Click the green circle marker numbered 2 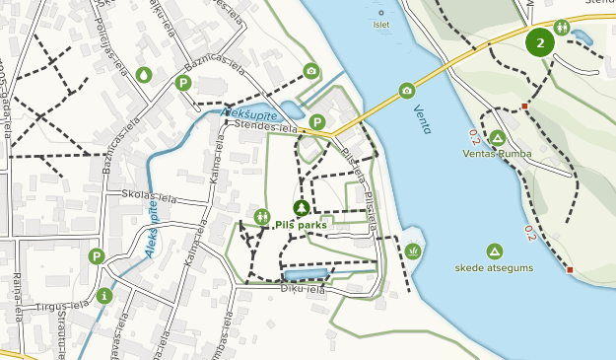pyautogui.click(x=540, y=42)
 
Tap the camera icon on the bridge pyautogui.click(x=407, y=91)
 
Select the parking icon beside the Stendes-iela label pyautogui.click(x=316, y=122)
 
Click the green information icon pyautogui.click(x=104, y=295)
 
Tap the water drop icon pyautogui.click(x=144, y=74)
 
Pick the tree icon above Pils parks pyautogui.click(x=302, y=207)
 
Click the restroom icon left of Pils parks pyautogui.click(x=261, y=216)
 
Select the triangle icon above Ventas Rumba pyautogui.click(x=498, y=137)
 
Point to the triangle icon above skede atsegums pyautogui.click(x=494, y=251)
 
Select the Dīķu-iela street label pyautogui.click(x=302, y=289)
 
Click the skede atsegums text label pyautogui.click(x=495, y=267)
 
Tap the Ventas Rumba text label pyautogui.click(x=497, y=154)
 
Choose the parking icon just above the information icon pyautogui.click(x=96, y=256)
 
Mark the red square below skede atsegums pyautogui.click(x=570, y=269)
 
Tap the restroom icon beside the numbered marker pyautogui.click(x=561, y=27)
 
